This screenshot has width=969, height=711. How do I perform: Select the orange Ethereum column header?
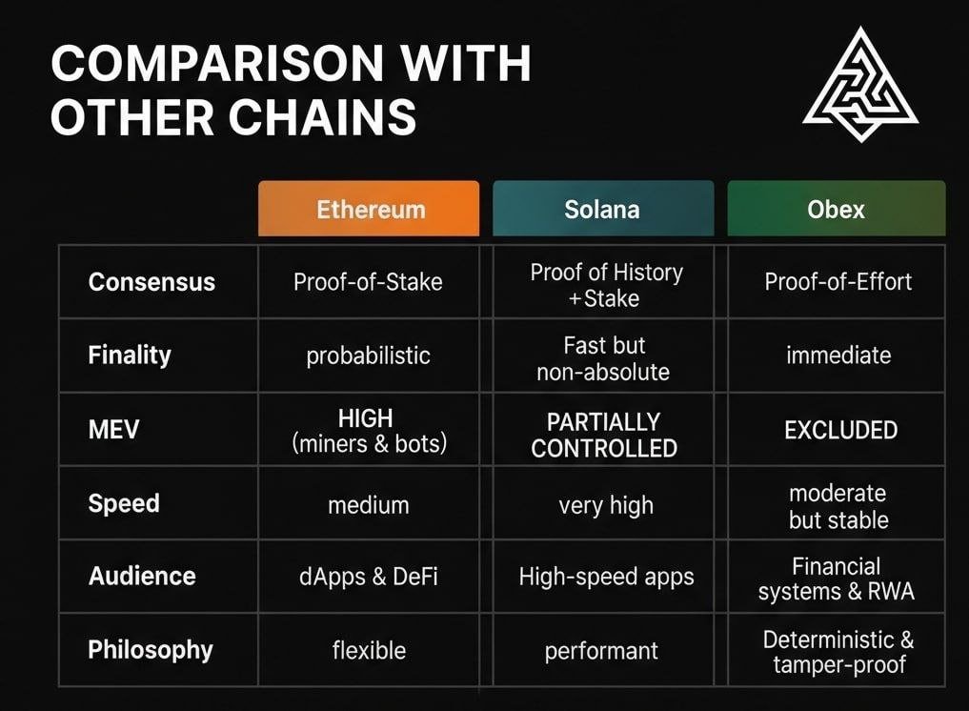[370, 209]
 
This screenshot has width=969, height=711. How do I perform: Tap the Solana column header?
[602, 209]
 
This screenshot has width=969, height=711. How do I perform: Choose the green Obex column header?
[837, 209]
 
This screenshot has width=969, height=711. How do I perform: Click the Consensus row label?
[151, 282]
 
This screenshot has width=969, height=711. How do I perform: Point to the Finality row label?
[130, 355]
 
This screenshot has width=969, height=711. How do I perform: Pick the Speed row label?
[124, 503]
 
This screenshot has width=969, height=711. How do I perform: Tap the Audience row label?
[142, 576]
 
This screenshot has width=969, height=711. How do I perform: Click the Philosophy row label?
[151, 650]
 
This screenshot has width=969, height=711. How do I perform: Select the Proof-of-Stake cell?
[368, 282]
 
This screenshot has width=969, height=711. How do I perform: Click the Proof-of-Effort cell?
[838, 282]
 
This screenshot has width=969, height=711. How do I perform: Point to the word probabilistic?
[368, 356]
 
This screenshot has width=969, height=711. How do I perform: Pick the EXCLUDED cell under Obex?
[840, 430]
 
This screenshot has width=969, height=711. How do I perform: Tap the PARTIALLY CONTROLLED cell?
[604, 435]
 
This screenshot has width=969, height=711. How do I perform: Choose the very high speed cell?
[606, 505]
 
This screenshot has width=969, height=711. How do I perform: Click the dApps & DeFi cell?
[370, 577]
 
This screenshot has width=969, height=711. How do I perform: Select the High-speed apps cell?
[606, 577]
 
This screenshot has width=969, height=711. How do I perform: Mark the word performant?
[601, 652]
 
